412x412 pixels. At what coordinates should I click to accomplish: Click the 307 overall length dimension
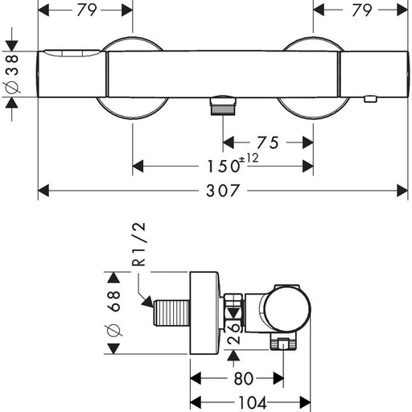coord(222,191)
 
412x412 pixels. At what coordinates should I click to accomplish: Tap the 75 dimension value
coord(268,142)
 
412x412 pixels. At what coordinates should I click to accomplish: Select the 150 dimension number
coord(223,166)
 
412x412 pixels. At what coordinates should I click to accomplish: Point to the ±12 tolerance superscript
coord(249,158)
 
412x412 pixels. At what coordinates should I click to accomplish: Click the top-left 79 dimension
coord(87,10)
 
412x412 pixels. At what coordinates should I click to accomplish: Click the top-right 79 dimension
coord(362,10)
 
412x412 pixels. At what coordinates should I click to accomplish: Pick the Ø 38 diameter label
coord(12,74)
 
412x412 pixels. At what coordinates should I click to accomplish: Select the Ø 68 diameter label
coord(113,313)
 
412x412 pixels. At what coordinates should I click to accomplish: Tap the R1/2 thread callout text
coord(139,244)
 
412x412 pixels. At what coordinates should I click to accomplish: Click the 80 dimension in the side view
coord(244,378)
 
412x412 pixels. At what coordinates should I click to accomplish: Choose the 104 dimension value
coord(253,402)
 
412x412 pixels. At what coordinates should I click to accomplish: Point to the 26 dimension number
coord(233,333)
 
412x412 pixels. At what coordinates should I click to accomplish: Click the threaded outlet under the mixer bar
coord(223,106)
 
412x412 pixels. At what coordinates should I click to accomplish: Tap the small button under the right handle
coord(370,99)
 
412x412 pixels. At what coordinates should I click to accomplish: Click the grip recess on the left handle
coord(72,53)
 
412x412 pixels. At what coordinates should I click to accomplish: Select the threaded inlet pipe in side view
coord(171,313)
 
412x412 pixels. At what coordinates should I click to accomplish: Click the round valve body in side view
coord(287,309)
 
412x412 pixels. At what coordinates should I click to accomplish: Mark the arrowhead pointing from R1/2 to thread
coord(148,302)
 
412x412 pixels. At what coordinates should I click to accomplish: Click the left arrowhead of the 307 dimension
coord(43,191)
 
